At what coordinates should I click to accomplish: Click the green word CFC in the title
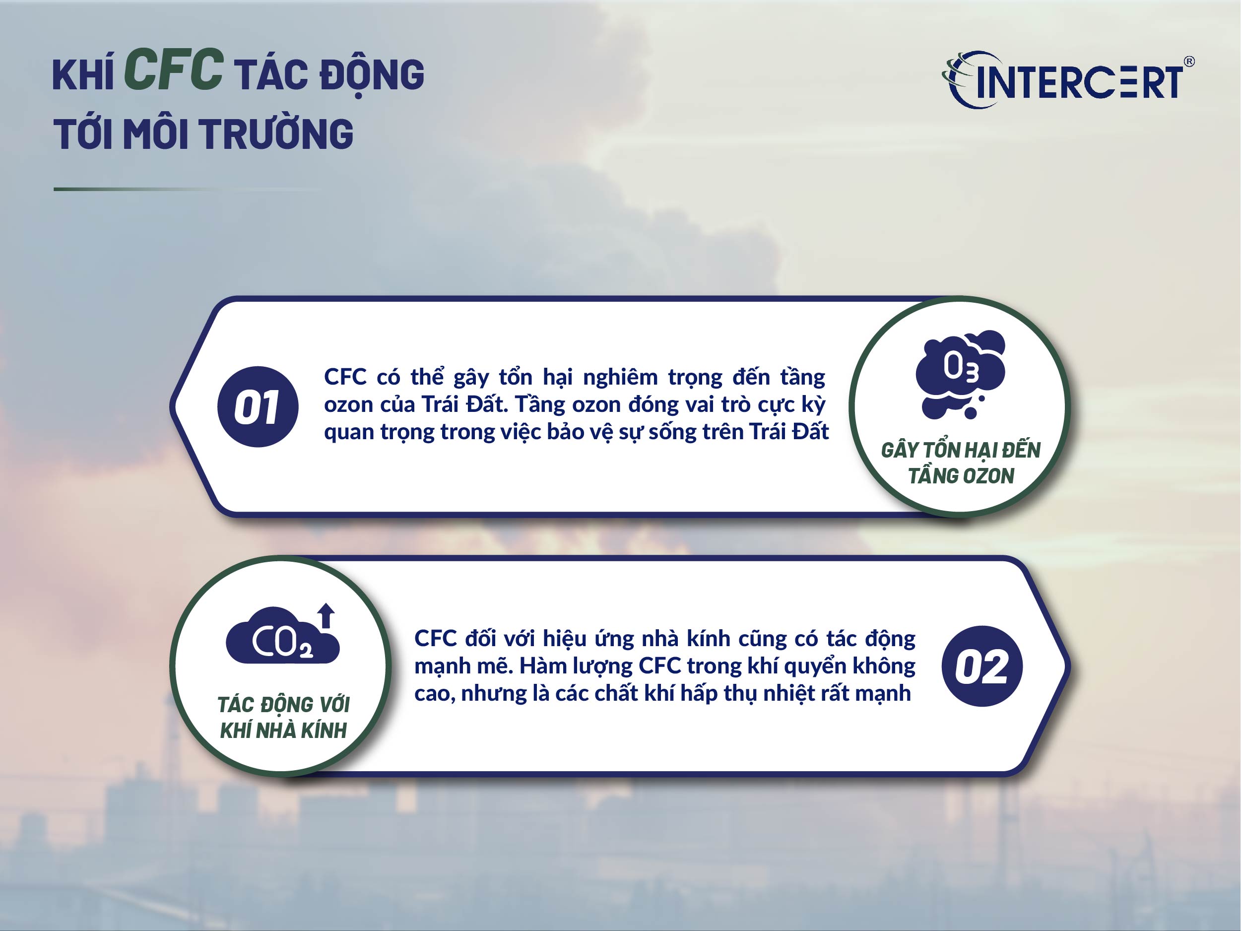[x=174, y=70]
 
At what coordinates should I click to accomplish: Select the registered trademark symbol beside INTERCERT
[x=1188, y=62]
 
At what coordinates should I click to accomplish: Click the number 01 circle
[x=258, y=407]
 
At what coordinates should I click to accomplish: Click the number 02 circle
[x=982, y=666]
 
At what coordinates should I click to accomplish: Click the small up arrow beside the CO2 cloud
[x=326, y=615]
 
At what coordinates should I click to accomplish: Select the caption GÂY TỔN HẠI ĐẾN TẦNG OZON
[x=961, y=463]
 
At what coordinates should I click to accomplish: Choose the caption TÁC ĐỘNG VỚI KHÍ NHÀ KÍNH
[x=283, y=717]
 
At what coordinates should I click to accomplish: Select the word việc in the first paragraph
[x=515, y=432]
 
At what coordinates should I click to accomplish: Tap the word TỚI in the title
[x=83, y=134]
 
